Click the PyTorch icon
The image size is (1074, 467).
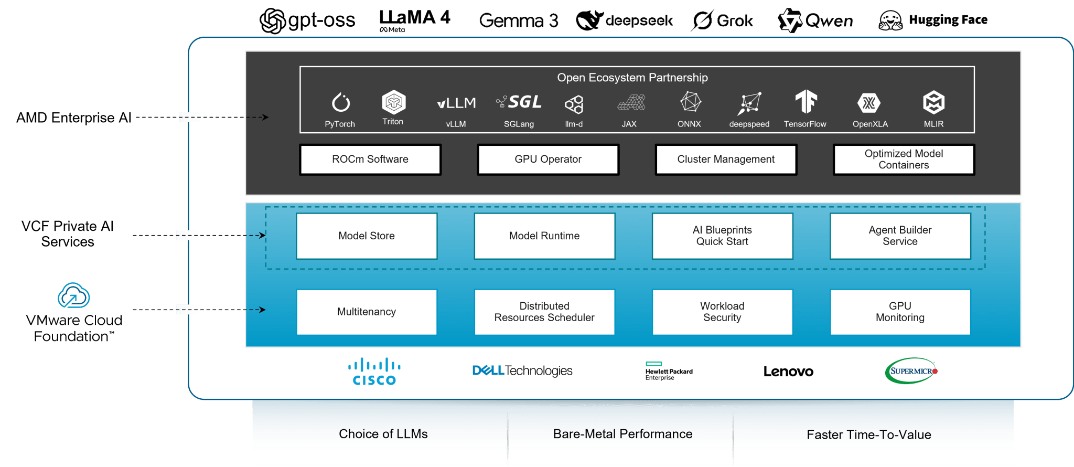341,103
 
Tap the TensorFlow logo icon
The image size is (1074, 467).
805,101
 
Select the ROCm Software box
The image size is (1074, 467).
370,160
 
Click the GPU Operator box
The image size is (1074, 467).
548,160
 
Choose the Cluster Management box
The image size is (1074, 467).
726,160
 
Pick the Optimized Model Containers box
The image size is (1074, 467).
904,160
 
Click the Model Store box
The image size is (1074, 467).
367,236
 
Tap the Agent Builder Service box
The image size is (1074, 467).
900,236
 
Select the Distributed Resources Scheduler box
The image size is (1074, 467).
544,312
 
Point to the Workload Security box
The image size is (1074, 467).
722,312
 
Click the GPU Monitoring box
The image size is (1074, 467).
900,312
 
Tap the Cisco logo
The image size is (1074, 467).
374,372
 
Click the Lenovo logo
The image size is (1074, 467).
788,372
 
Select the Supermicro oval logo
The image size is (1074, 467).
911,371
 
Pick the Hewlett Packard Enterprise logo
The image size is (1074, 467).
669,371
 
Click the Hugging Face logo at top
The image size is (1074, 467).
933,20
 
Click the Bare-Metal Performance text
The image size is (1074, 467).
622,434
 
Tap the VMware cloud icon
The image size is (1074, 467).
73,296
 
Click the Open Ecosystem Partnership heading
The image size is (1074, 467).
632,78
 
